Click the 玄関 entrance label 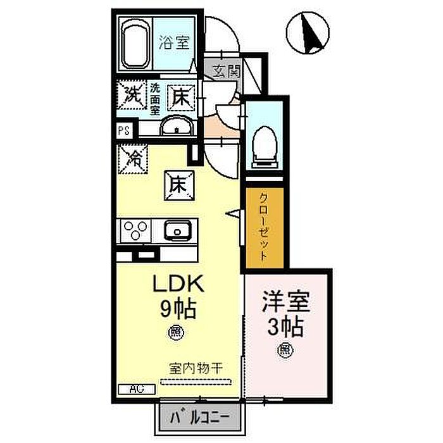[226, 71]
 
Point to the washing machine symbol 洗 [132, 96]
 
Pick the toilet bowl [265, 144]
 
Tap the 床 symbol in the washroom [180, 98]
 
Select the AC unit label [134, 390]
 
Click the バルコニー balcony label [199, 417]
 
